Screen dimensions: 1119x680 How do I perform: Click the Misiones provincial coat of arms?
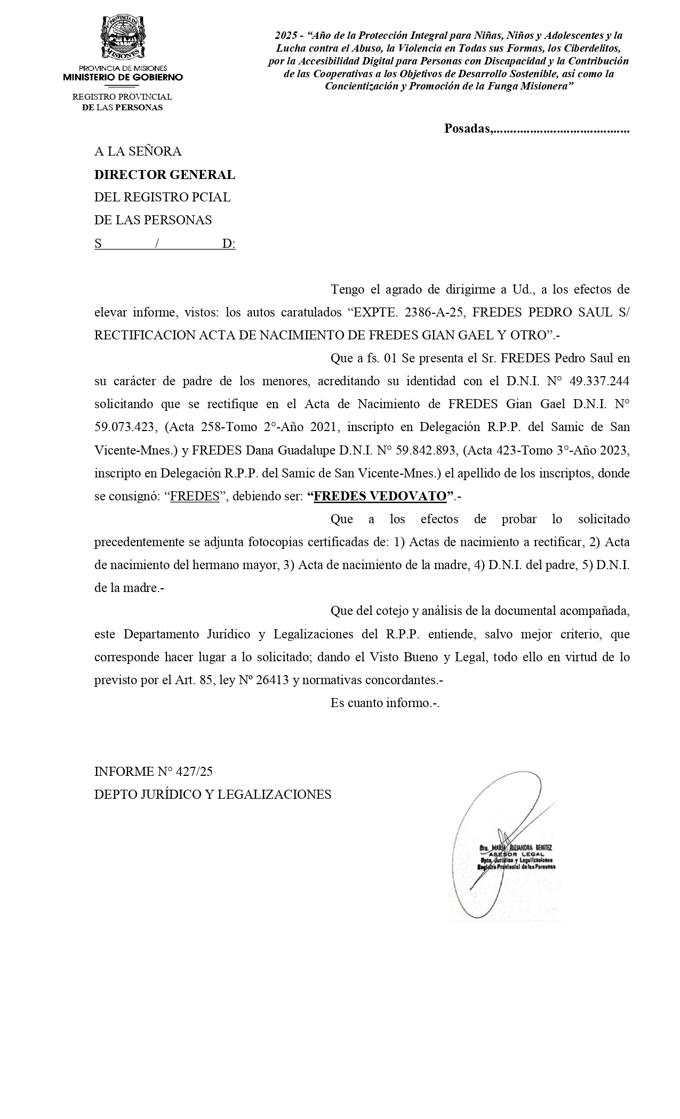click(x=123, y=37)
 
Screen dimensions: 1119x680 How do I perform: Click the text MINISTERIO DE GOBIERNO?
click(x=123, y=77)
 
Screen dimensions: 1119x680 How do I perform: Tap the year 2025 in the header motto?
click(x=285, y=36)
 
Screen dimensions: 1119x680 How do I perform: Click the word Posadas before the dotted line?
click(x=468, y=128)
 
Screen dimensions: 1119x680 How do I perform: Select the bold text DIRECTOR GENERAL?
click(x=164, y=175)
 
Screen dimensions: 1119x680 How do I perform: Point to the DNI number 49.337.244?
click(x=599, y=381)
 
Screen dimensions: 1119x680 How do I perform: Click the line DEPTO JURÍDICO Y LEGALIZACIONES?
click(x=212, y=794)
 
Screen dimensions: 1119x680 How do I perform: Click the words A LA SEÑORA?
click(x=138, y=151)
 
